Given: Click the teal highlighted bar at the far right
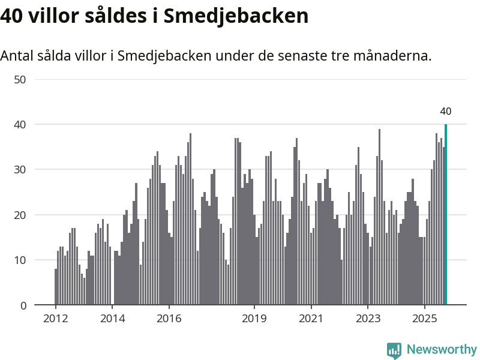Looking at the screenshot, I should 446,215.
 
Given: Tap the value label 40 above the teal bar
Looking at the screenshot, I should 446,111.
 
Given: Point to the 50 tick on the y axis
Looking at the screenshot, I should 20,79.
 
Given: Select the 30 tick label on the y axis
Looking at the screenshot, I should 20,170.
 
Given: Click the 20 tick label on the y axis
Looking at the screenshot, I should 20,215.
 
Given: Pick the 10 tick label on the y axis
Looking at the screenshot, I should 20,260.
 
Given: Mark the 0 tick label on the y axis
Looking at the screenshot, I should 23,305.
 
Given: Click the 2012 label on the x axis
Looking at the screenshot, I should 55,318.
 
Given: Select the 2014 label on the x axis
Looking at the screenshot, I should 112,318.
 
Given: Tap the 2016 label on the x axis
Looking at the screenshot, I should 169,318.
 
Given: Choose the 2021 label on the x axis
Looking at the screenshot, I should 311,318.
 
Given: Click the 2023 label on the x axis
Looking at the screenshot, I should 368,318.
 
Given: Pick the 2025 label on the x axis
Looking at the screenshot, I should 424,318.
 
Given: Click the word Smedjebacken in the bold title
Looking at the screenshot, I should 233,16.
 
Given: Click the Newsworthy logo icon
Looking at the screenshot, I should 394,350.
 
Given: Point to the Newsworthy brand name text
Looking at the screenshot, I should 442,349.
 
